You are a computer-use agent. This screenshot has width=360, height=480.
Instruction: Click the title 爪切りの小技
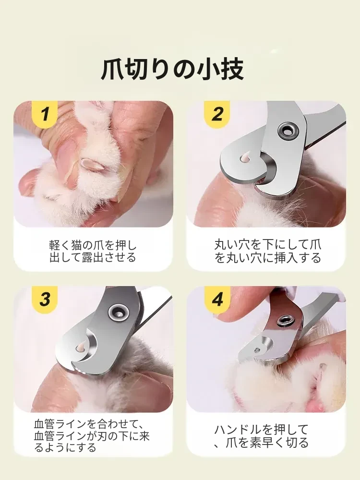pos(172,70)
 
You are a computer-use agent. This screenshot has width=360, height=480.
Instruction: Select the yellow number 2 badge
pos(217,115)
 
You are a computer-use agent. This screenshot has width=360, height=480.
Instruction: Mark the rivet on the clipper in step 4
pos(284,321)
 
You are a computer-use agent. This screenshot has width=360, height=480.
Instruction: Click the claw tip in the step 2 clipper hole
pos(245,158)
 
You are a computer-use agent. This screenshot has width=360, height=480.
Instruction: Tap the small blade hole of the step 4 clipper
pos(258,349)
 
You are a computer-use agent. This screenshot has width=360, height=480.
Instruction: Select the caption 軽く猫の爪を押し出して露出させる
pos(93,252)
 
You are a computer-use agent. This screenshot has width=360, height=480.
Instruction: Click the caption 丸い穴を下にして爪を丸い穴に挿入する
pos(267,252)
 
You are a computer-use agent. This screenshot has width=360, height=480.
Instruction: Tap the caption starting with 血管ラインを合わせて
pos(92,436)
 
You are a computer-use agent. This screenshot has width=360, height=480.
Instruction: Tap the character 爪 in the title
pos(112,70)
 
